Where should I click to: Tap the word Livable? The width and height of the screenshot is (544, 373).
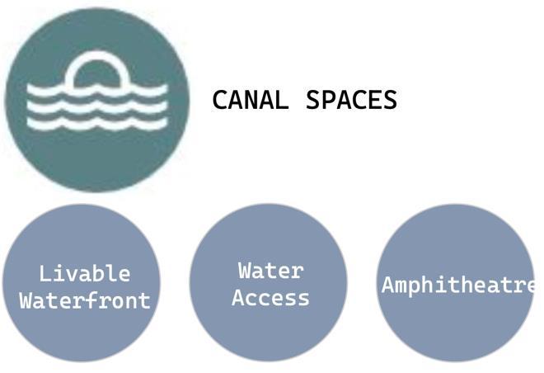(x=84, y=273)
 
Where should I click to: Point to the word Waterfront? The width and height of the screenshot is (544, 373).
(x=85, y=300)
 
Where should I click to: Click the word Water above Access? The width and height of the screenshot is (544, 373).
(x=271, y=270)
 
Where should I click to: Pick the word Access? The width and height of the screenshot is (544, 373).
(x=270, y=297)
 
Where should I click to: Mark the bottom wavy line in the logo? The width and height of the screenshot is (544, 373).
(x=97, y=124)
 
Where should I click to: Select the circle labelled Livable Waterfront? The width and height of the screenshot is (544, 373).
(x=81, y=330)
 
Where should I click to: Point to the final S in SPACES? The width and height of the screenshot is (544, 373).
(x=390, y=100)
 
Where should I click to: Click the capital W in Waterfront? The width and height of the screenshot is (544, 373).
(x=26, y=300)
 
